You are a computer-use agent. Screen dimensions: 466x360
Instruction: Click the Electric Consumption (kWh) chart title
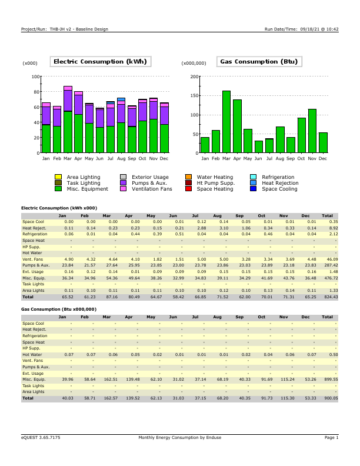coord(100,62)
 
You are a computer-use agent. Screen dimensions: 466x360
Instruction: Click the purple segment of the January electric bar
coord(46,115)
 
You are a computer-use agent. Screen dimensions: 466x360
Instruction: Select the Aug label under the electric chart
coord(121,159)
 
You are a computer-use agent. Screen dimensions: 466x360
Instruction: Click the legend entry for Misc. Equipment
coord(87,189)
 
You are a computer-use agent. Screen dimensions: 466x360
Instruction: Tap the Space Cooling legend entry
coord(279,189)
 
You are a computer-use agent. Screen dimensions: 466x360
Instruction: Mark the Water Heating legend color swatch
coord(188,177)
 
